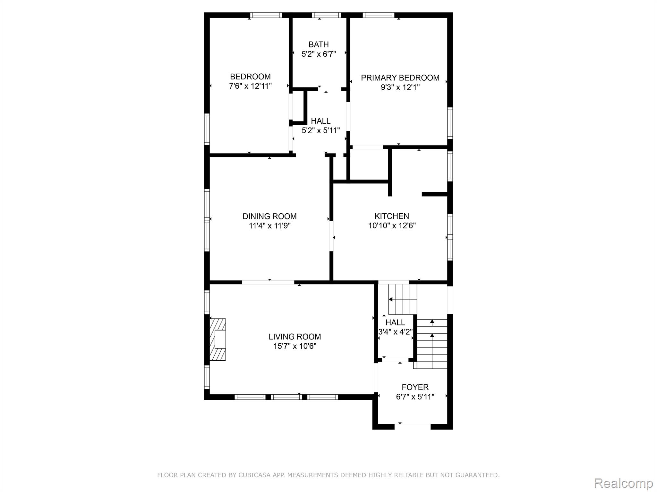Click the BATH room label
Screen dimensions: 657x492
pos(319,45)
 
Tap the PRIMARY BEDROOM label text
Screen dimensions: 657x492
pos(400,78)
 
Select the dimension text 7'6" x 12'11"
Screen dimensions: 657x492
pos(250,86)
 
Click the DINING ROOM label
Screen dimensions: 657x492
pos(269,216)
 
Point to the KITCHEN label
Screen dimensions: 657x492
pos(392,216)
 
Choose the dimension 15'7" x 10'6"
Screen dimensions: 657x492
pos(295,346)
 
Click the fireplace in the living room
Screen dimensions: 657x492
pos(218,340)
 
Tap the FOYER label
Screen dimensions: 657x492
pos(415,387)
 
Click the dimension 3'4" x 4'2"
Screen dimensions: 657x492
pos(395,332)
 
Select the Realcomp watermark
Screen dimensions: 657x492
pos(624,483)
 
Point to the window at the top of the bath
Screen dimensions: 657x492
pos(326,15)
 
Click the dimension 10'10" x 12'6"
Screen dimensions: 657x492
pos(392,226)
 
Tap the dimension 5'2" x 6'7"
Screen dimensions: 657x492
pos(319,54)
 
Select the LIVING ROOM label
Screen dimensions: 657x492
pos(295,337)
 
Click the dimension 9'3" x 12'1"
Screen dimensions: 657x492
pos(400,87)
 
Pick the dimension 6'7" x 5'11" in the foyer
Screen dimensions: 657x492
pos(415,397)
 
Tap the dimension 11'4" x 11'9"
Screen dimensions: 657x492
pos(269,226)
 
